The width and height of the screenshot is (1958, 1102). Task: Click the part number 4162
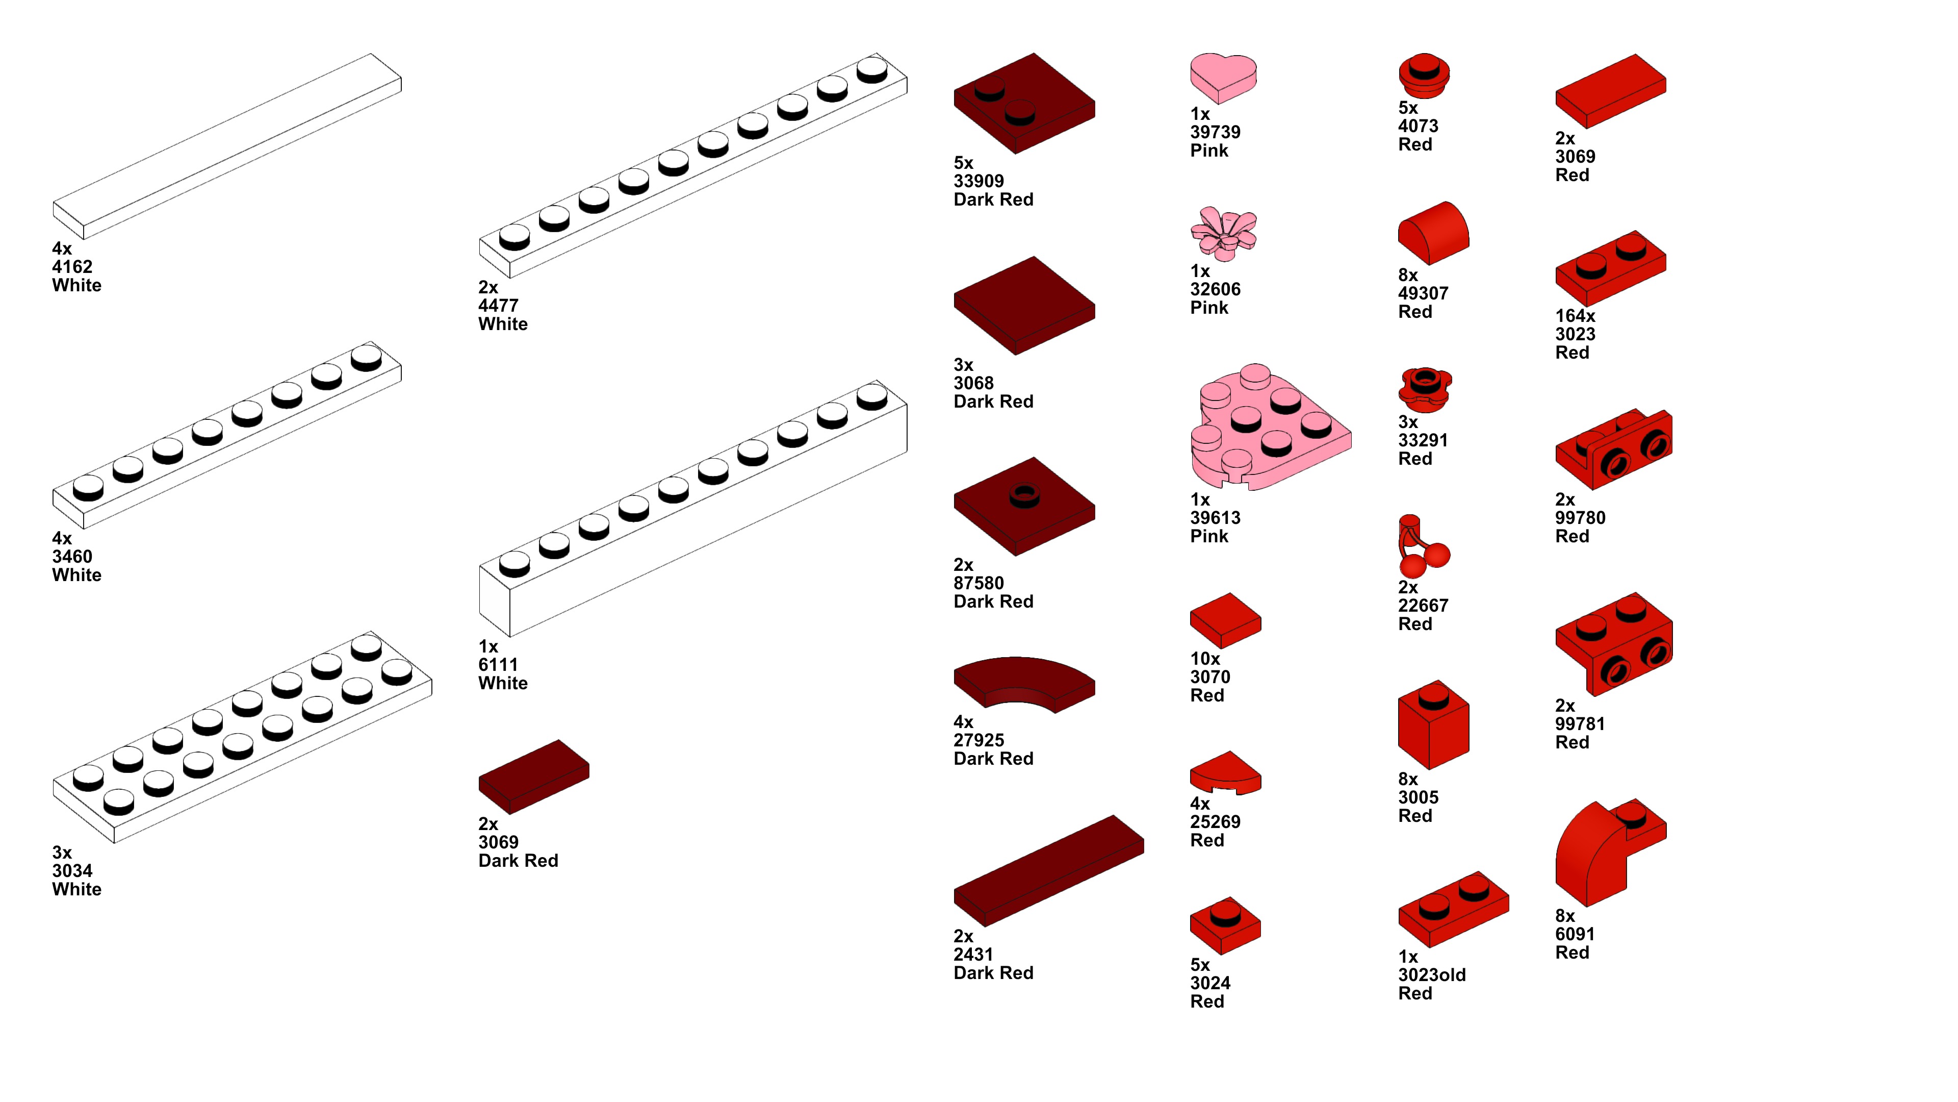click(72, 267)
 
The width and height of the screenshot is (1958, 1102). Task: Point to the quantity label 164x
click(1575, 316)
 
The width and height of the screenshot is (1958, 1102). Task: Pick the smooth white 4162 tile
click(226, 146)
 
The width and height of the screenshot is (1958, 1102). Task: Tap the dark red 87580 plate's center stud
click(1024, 494)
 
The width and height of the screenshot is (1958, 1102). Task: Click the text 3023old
click(1431, 975)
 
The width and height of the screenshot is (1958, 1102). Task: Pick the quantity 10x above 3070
click(1205, 659)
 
